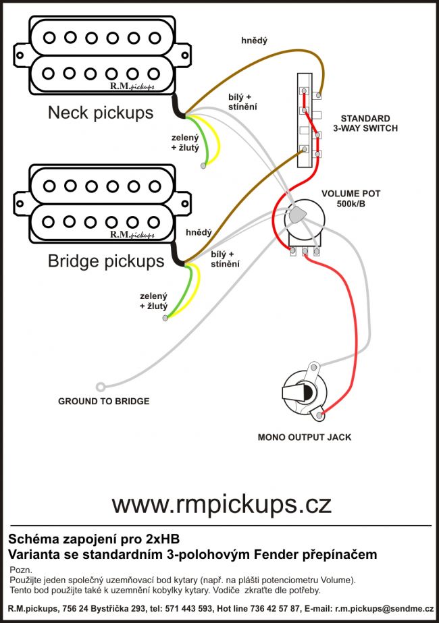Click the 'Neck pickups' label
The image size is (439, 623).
[x=101, y=112]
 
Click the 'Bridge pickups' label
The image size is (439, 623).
[x=105, y=261]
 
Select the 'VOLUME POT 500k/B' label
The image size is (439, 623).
[x=351, y=198]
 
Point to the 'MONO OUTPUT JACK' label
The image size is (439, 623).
[x=305, y=437]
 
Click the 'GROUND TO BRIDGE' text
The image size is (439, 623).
[x=104, y=401]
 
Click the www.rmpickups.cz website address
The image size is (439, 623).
[x=222, y=503]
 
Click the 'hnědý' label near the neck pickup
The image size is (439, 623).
[x=254, y=41]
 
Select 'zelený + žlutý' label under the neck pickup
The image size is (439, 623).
[x=185, y=142]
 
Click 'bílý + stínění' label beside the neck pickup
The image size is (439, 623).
[x=242, y=103]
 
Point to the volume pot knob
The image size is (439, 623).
[x=296, y=218]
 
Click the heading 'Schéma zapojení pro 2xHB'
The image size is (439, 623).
[x=94, y=539]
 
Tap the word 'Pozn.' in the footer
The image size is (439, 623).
[x=22, y=570]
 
